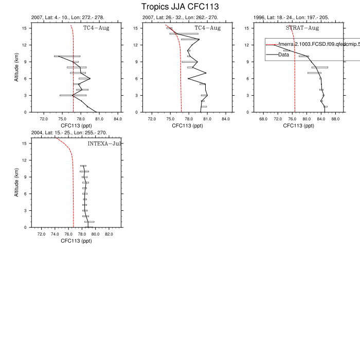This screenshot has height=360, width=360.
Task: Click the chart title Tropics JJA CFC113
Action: tap(180, 7)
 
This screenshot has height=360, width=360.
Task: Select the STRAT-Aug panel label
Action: tap(302, 28)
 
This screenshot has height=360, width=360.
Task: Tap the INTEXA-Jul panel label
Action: tap(104, 143)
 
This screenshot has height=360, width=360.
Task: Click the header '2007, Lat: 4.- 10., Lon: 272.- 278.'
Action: tap(67, 17)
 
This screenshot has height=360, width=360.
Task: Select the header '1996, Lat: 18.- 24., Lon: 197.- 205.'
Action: tap(292, 17)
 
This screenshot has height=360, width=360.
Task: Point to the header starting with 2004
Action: tap(69, 133)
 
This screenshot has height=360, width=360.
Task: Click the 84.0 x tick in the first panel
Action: tap(118, 119)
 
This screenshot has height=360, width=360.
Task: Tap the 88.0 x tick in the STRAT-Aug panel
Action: tap(336, 119)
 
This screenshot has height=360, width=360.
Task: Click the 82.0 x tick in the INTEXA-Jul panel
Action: tap(109, 235)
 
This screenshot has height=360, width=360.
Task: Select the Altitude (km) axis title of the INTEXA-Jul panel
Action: tap(17, 185)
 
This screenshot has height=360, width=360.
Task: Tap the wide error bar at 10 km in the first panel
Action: tap(67, 56)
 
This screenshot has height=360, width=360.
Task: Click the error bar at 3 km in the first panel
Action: tap(73, 95)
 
